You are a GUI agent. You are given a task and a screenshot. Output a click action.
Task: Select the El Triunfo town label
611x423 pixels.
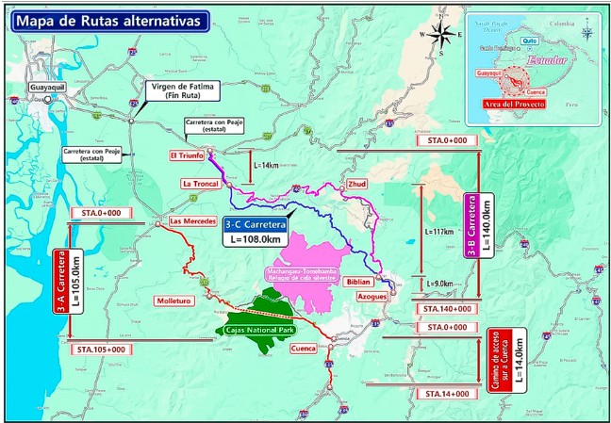[x=188, y=155]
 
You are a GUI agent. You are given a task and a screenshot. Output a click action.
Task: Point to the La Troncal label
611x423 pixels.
[x=200, y=183]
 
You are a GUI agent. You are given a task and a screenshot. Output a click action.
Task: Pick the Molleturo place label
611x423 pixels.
[x=174, y=300]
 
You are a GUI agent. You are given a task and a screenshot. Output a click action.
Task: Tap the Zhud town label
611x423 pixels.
[x=357, y=184]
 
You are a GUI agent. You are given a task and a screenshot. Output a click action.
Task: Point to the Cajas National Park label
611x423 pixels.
[x=256, y=330]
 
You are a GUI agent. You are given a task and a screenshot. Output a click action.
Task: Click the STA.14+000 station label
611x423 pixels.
[x=446, y=392]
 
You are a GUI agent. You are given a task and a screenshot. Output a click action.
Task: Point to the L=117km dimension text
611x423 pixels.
[x=440, y=232]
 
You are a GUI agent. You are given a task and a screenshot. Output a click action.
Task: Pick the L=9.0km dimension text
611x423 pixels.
[x=439, y=284]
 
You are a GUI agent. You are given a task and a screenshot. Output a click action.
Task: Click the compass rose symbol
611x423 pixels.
[x=439, y=34]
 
